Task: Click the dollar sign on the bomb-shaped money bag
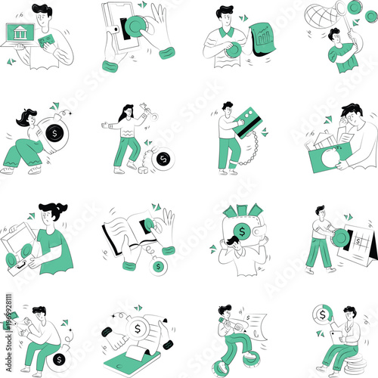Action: point(54,134)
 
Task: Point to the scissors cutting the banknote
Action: point(24,321)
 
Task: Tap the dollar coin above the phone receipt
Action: point(138,329)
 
